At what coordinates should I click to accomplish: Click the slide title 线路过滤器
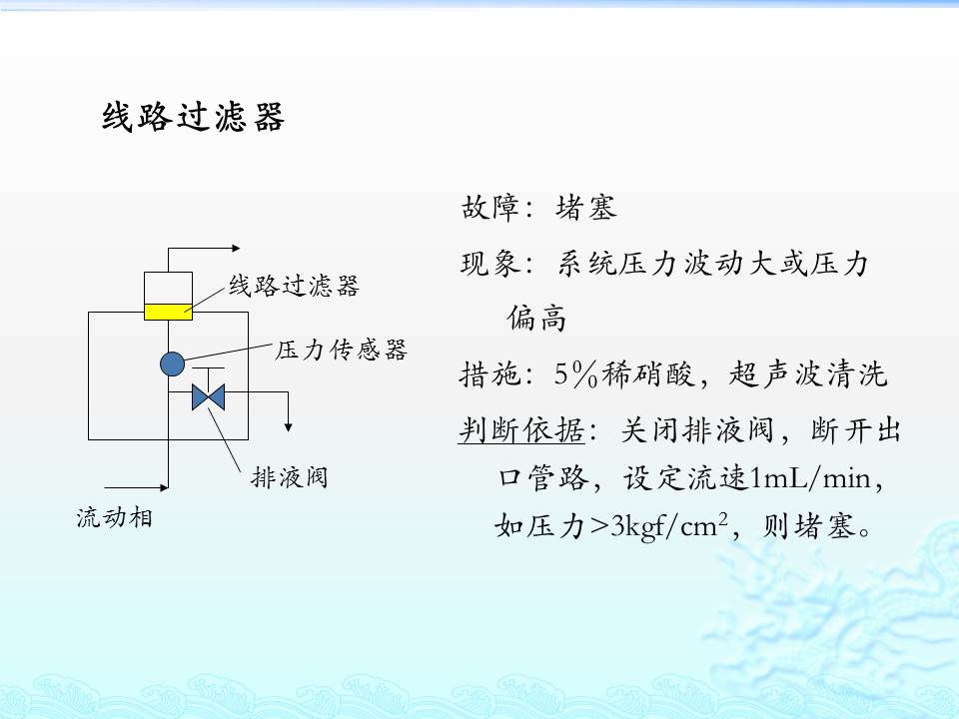(x=193, y=117)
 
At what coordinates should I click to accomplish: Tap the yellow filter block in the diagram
(x=168, y=312)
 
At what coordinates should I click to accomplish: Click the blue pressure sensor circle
(x=173, y=363)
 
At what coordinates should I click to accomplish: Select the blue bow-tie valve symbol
(x=208, y=396)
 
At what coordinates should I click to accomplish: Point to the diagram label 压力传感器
(x=341, y=351)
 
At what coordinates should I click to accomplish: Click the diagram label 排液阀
(x=290, y=477)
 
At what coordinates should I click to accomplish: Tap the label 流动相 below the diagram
(x=114, y=518)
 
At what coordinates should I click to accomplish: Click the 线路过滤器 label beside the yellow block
(x=294, y=286)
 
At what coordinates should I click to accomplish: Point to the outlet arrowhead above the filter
(x=236, y=249)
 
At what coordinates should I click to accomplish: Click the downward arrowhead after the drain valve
(x=288, y=427)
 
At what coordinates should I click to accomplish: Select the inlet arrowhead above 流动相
(x=164, y=488)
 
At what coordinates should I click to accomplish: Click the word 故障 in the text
(x=489, y=208)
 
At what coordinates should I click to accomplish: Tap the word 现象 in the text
(x=489, y=264)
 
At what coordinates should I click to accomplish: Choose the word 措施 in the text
(x=489, y=374)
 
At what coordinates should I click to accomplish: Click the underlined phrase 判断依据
(x=521, y=429)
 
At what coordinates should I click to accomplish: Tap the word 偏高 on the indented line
(x=536, y=319)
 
